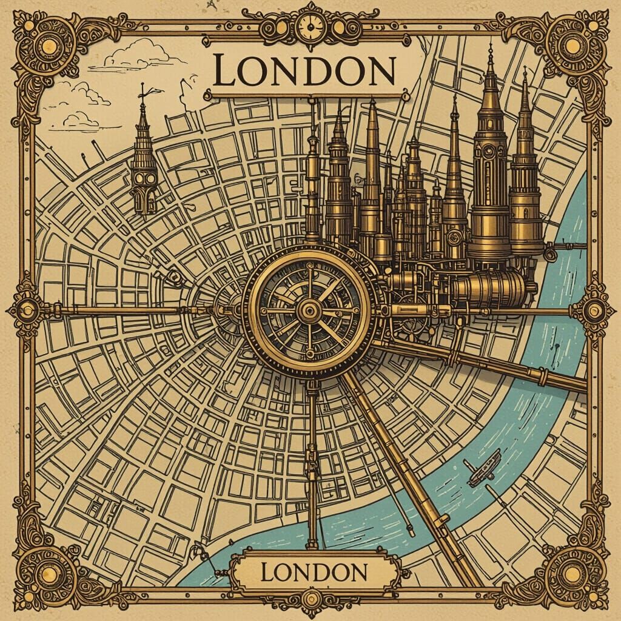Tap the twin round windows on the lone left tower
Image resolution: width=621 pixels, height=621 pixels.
click(x=143, y=180)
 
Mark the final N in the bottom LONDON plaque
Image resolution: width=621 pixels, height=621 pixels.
click(x=357, y=571)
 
